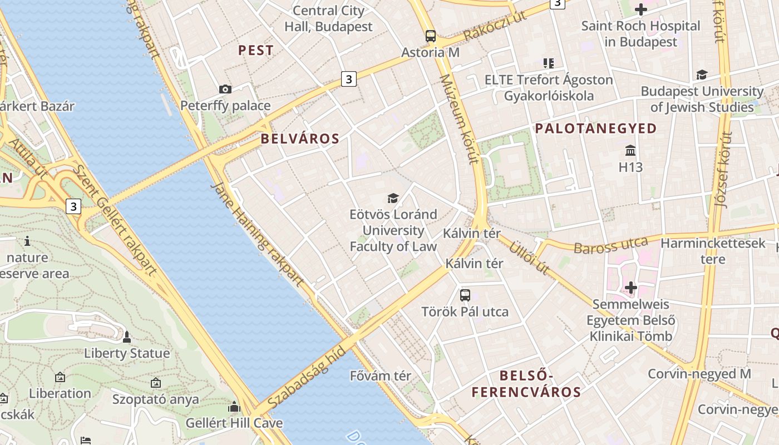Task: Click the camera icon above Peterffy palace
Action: (225, 89)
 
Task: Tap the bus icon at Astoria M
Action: (431, 36)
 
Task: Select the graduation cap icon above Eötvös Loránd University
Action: (393, 198)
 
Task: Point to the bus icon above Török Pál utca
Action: (465, 295)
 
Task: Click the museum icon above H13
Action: (630, 150)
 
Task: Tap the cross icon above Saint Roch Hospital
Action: (641, 9)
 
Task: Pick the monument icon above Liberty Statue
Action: (127, 337)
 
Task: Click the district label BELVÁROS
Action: (300, 139)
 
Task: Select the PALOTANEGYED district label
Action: (596, 128)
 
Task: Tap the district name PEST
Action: (256, 51)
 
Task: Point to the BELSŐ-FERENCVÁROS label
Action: (526, 383)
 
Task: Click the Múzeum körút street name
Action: (459, 120)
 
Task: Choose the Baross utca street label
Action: (610, 245)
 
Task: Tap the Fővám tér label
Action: (381, 376)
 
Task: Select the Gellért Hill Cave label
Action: (234, 423)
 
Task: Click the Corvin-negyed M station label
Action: (699, 374)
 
